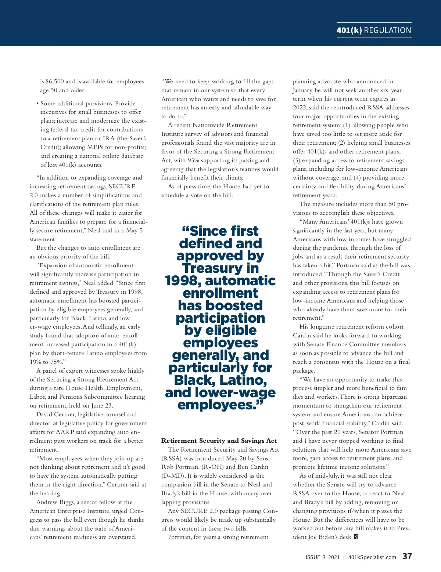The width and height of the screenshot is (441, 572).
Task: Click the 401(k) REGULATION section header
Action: tap(374, 30)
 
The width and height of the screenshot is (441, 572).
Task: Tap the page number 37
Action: tap(407, 556)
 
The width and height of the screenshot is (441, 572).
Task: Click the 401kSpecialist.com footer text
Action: tap(372, 557)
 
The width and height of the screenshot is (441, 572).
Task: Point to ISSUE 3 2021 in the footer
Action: tap(323, 557)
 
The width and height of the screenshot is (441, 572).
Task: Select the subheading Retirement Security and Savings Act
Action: tap(219, 441)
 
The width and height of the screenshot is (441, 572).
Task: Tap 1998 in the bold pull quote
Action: tap(183, 281)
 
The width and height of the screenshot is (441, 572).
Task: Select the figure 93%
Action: tap(194, 160)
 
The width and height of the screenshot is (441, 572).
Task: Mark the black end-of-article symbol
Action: tap(356, 537)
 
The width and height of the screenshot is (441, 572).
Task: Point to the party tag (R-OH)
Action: tap(212, 467)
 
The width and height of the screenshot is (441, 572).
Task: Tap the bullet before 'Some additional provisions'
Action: tap(37, 104)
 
